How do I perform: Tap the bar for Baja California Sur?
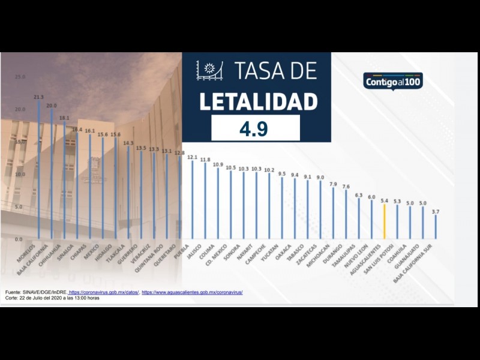tap(436, 227)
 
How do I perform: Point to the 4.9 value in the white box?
tap(255, 128)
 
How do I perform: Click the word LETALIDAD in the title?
tap(258, 101)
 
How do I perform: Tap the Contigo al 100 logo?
tap(393, 81)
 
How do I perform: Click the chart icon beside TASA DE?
tap(209, 71)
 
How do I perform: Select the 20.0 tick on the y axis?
tap(20, 110)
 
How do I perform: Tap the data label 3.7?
tap(436, 211)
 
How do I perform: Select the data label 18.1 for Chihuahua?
tap(64, 118)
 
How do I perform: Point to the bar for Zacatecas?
tap(320, 210)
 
